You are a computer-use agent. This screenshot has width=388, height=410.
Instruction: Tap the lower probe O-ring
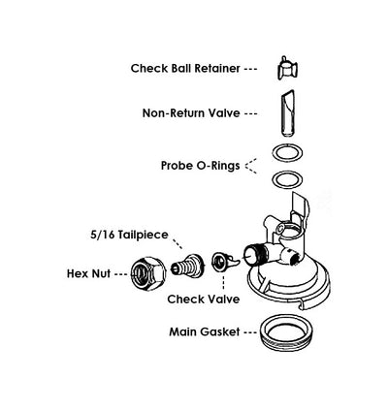[284, 179]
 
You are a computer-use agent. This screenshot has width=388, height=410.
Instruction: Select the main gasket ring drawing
[288, 331]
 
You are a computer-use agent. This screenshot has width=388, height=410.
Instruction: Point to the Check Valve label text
[204, 300]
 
